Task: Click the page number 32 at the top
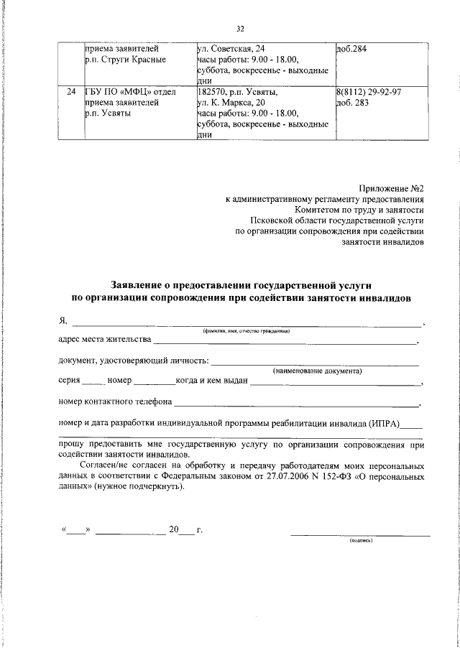pos(240,29)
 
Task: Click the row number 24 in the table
pos(70,92)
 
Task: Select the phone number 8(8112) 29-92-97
pos(369,92)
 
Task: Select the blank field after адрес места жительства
pos(285,341)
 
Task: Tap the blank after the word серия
pos(93,381)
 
